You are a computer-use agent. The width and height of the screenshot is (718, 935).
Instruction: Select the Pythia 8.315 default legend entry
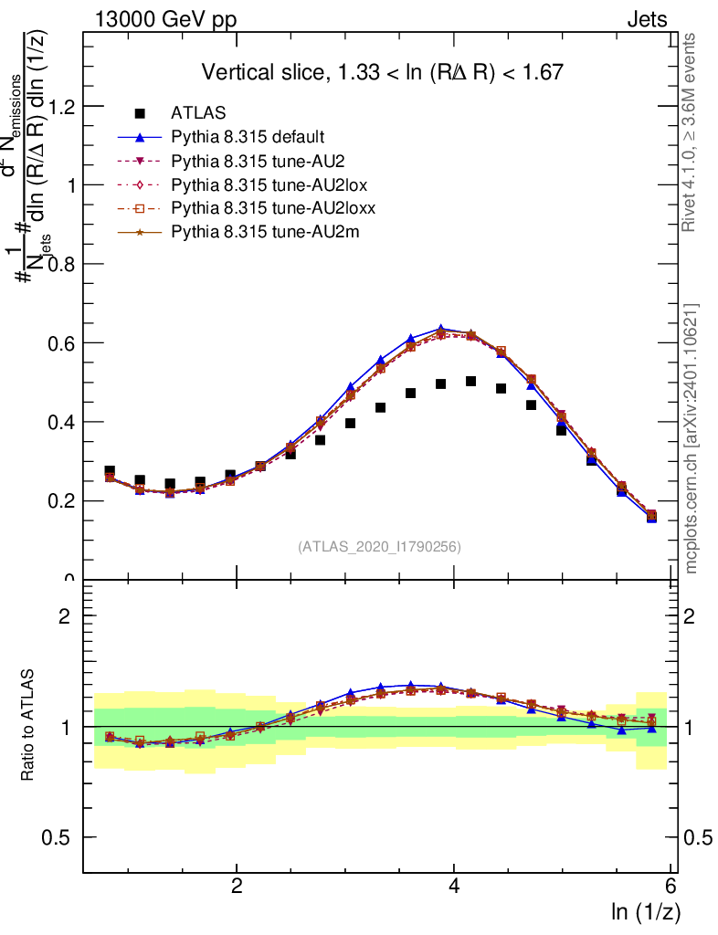pos(247,138)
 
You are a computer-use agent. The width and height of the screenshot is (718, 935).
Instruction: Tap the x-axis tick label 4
pos(454,887)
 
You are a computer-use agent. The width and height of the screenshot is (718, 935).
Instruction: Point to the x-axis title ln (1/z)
pos(646,911)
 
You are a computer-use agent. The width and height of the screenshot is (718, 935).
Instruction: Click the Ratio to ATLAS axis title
pos(30,726)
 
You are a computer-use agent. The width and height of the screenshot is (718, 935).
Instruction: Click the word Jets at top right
pos(647,19)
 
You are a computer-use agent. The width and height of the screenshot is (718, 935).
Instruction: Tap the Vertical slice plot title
pos(382,72)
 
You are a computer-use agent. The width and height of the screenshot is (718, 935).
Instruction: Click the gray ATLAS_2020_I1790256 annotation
pos(379,548)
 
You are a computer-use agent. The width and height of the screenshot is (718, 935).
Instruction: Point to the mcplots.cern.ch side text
pos(692,438)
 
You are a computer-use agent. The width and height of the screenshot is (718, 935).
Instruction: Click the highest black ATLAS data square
pos(471,382)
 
